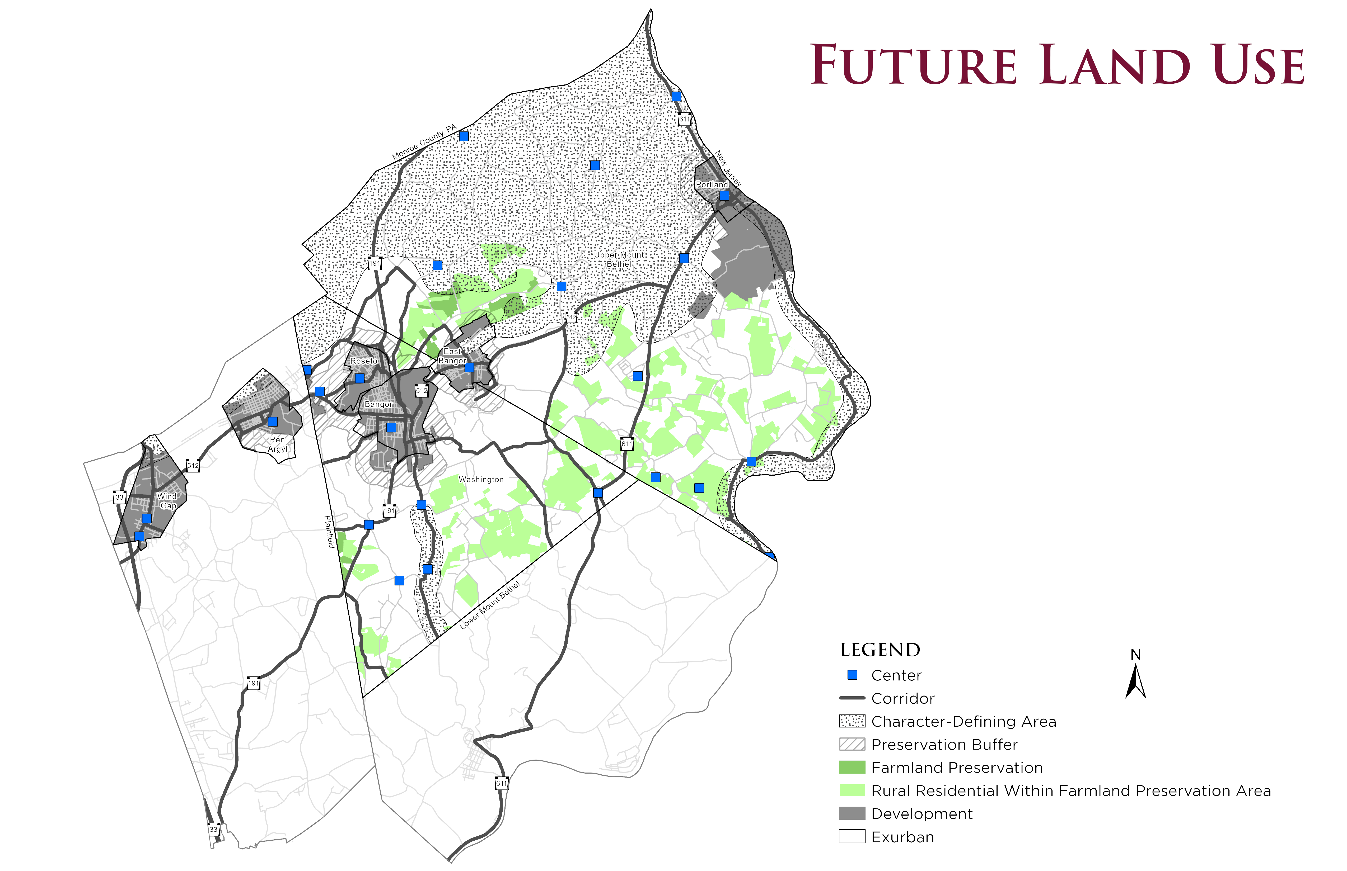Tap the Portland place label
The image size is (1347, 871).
click(712, 184)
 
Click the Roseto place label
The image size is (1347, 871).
click(363, 361)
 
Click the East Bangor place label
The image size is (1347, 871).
click(452, 356)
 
